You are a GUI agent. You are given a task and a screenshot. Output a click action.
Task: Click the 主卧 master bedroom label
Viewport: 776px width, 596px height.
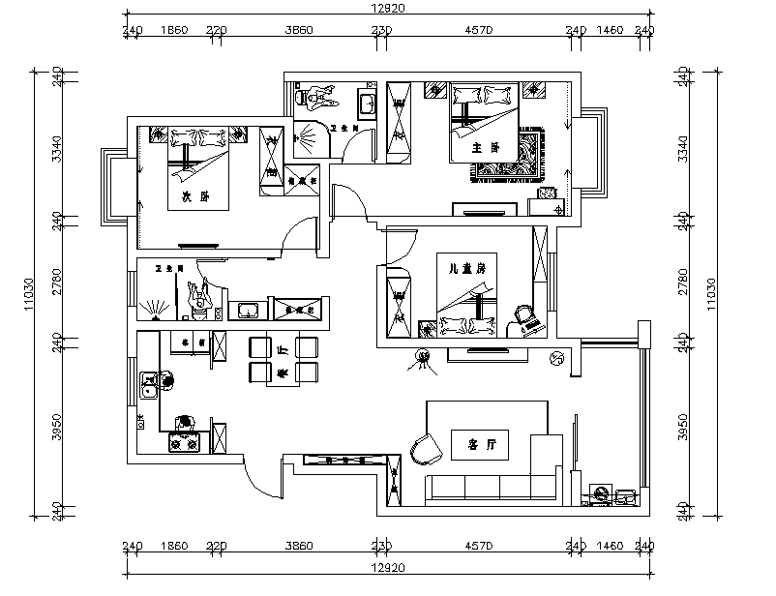point(484,148)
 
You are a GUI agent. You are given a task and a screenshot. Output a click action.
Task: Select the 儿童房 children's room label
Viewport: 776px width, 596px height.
point(453,267)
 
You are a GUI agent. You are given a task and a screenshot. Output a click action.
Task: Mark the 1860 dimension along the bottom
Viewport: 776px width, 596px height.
point(174,547)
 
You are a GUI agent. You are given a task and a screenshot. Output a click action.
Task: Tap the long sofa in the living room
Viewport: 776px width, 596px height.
point(489,486)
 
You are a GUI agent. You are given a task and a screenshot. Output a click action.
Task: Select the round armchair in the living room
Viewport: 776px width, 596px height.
point(423,447)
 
